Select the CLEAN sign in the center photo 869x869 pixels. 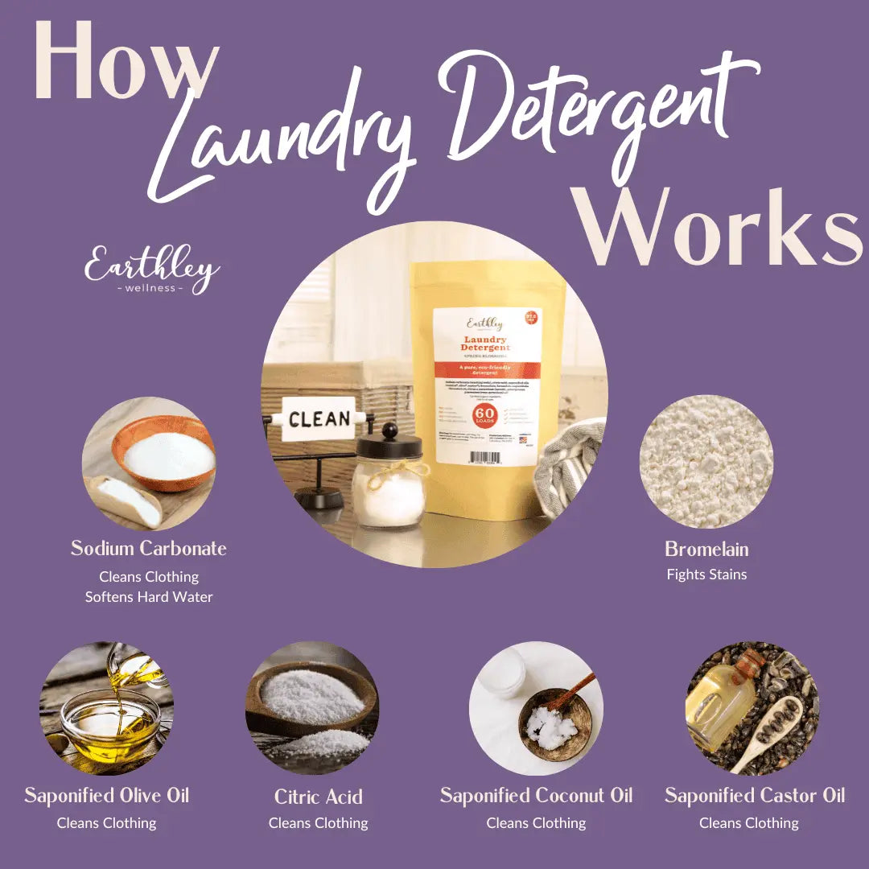(x=319, y=418)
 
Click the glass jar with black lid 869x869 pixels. (x=389, y=479)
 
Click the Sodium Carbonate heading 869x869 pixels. (x=149, y=549)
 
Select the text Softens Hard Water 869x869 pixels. (x=149, y=597)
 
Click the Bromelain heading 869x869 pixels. (x=706, y=550)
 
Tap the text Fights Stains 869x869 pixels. (x=706, y=575)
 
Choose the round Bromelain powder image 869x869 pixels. (x=706, y=463)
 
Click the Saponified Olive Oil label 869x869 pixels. (x=106, y=797)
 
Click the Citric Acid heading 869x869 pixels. (x=318, y=797)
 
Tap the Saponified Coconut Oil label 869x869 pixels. (x=536, y=797)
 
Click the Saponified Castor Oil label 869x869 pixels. (x=754, y=797)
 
